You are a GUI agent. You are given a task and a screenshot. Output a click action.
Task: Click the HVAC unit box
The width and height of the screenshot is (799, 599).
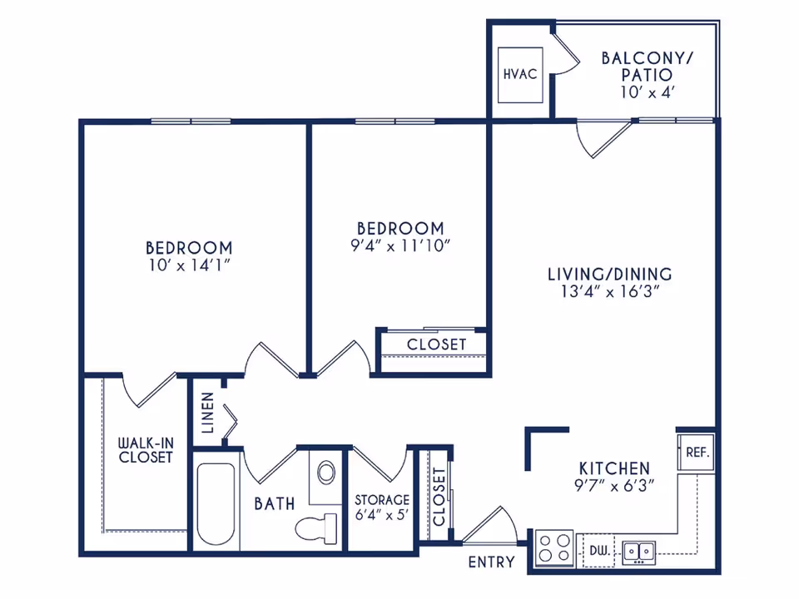tap(519, 75)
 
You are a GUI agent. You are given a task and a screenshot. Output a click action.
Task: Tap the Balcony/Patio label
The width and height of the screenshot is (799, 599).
tap(648, 67)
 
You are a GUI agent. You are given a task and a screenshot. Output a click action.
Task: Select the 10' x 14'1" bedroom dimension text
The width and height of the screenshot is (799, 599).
tap(190, 265)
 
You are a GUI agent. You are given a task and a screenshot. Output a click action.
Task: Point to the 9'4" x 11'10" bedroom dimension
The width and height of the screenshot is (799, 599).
tap(400, 246)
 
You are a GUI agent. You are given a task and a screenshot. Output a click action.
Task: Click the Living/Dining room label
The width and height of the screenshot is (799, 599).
tap(610, 274)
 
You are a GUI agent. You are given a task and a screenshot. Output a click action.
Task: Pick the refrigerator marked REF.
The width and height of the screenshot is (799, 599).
tap(697, 452)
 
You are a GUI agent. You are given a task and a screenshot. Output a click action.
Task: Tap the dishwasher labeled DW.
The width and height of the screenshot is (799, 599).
tap(599, 551)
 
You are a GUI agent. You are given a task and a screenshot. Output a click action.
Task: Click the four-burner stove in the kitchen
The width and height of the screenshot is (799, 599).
tap(554, 548)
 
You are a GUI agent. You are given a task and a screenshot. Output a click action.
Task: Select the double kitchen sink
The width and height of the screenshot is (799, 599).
tap(639, 552)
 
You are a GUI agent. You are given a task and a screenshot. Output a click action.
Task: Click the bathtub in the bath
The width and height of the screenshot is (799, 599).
tap(216, 503)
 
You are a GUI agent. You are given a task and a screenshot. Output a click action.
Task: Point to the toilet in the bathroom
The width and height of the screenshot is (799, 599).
tap(316, 528)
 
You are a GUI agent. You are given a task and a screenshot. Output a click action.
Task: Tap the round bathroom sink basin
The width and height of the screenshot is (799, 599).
tap(326, 473)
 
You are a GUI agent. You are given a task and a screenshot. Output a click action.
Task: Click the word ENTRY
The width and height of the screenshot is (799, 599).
tap(491, 562)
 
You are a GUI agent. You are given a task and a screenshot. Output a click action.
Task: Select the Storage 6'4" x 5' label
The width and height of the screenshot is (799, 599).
tap(382, 507)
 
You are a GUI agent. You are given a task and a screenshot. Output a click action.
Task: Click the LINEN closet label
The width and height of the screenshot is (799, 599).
tap(207, 413)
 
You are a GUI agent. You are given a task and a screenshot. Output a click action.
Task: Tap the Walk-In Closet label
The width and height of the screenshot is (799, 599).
tap(146, 450)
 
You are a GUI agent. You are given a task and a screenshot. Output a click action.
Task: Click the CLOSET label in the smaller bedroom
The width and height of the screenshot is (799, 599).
tap(437, 344)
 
